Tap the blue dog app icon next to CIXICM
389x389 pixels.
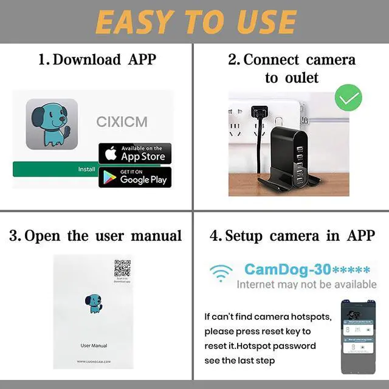click(52, 124)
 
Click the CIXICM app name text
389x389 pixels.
click(122, 122)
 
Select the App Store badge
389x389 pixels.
click(135, 153)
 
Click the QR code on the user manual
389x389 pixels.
click(123, 269)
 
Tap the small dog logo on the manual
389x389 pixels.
click(94, 303)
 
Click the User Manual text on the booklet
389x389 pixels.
click(94, 346)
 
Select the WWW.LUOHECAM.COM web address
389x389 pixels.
click(94, 362)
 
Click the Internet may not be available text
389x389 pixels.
click(306, 284)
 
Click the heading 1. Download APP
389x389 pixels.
click(97, 60)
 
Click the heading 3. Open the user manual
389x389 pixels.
click(95, 236)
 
